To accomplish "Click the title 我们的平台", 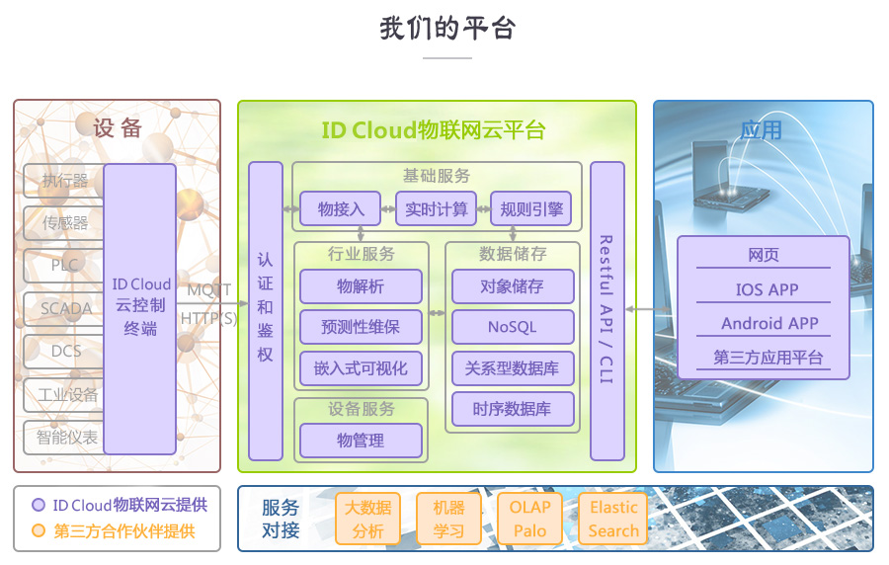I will (x=446, y=29).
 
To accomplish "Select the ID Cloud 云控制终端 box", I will (x=139, y=308).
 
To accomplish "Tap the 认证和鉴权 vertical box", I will (x=266, y=311).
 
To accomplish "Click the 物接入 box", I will (x=341, y=209).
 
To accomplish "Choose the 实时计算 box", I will (x=437, y=209).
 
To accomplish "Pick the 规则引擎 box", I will (x=531, y=209).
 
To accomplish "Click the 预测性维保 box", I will (x=361, y=327).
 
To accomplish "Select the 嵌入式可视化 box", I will (x=361, y=368).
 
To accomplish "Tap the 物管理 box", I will (x=361, y=441).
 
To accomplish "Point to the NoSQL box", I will (x=512, y=327).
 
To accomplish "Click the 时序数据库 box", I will (x=512, y=409).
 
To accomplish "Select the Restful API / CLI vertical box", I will (x=607, y=310).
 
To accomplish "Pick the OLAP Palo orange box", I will (x=529, y=519).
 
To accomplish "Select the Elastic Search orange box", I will (x=613, y=519).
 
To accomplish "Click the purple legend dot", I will (x=39, y=505).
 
